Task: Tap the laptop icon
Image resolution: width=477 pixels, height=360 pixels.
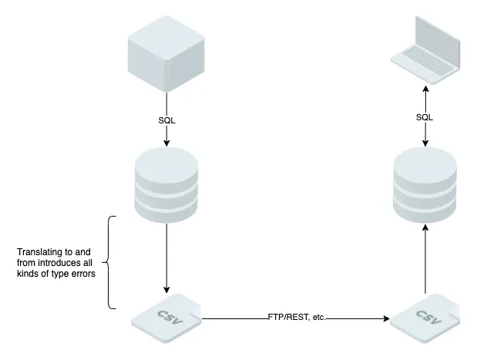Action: tap(425, 50)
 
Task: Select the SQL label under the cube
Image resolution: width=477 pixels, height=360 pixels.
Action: tap(166, 120)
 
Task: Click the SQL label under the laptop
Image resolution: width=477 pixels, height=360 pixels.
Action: tap(425, 117)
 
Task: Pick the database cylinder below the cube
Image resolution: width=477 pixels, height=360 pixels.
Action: tap(166, 184)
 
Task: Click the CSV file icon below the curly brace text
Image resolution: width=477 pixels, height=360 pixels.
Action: tap(166, 317)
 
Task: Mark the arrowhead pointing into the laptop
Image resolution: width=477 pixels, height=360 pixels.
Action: tap(425, 88)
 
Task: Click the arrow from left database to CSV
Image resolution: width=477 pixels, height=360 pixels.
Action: tap(166, 254)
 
